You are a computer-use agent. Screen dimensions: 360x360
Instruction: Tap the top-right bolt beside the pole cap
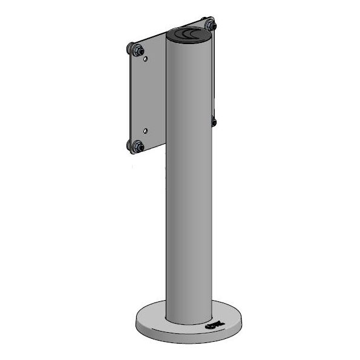click(x=210, y=25)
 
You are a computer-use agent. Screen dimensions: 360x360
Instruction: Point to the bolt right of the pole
click(x=214, y=122)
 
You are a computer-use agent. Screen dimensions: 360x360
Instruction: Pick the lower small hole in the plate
click(x=146, y=130)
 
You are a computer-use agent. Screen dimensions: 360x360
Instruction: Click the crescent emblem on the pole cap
click(x=192, y=34)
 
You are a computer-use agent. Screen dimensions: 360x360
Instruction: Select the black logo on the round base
click(x=215, y=327)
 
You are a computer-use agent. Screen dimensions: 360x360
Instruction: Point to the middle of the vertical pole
click(x=189, y=182)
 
